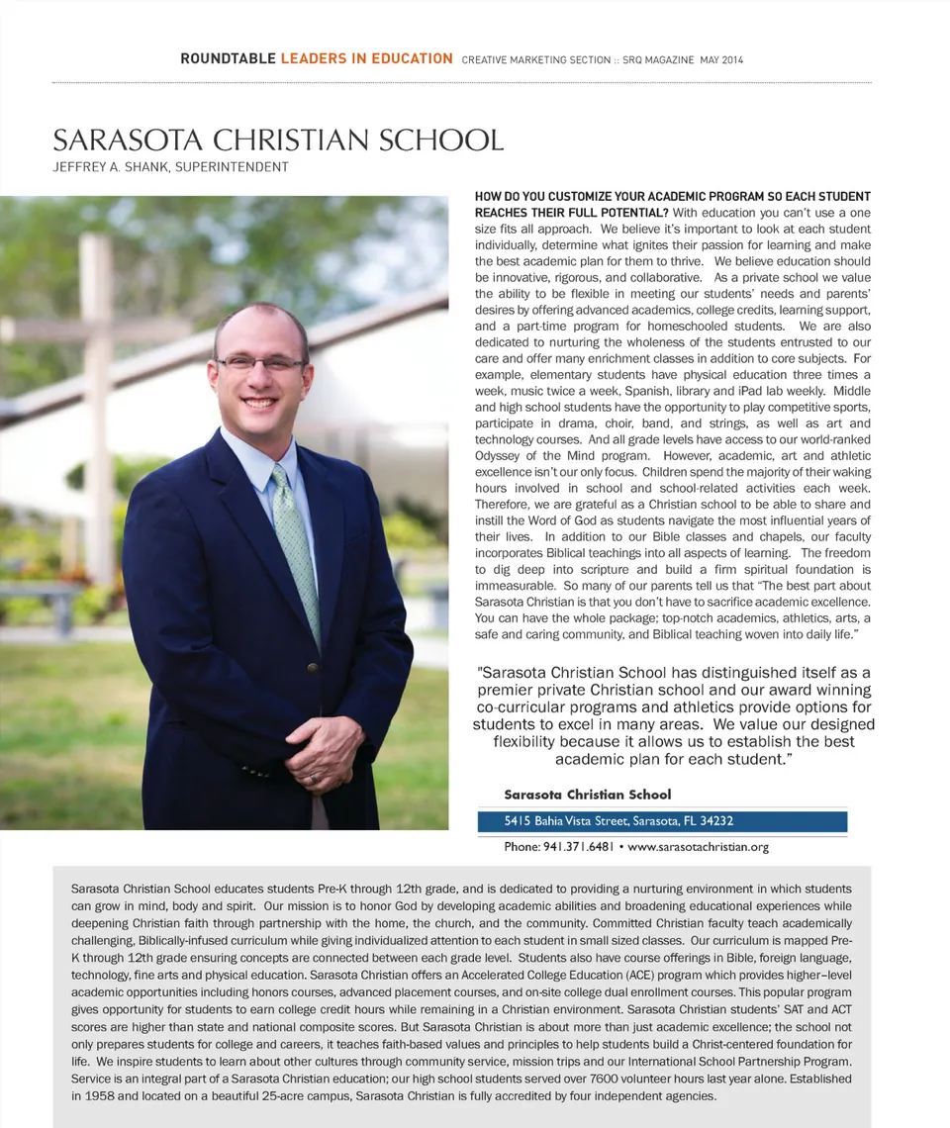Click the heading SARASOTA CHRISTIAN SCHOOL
pos(278,140)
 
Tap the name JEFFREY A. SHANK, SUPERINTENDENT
pos(170,167)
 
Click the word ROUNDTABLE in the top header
pos(228,59)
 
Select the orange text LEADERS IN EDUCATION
pos(366,59)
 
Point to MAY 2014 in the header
pos(721,60)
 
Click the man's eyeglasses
pos(260,363)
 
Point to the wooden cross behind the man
pos(96,396)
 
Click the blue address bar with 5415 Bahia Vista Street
pos(661,821)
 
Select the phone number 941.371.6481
pos(579,847)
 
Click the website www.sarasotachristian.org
pos(698,847)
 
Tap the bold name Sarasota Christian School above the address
pos(587,795)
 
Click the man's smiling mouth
pos(259,403)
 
